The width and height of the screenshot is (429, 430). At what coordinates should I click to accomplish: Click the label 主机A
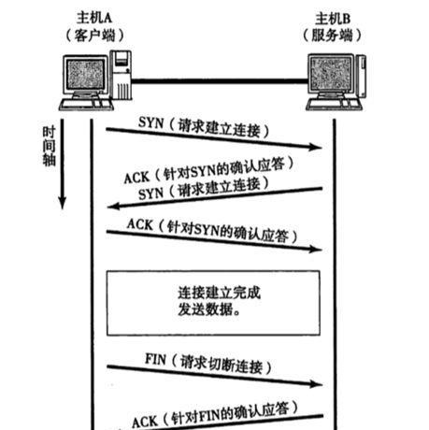[x=94, y=18]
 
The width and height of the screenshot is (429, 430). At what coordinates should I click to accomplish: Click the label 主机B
[x=333, y=19]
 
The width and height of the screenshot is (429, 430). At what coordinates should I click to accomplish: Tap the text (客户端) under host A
[x=94, y=36]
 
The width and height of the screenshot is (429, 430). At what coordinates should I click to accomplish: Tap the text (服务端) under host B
[x=332, y=36]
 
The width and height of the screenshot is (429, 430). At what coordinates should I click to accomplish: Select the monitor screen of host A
[x=85, y=75]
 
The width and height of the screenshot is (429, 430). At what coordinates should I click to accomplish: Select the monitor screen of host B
[x=332, y=74]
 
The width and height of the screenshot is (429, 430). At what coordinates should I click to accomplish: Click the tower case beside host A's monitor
[x=122, y=75]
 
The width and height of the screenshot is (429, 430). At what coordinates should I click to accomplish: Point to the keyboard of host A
[x=87, y=105]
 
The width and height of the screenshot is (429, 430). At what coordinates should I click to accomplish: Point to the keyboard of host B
[x=335, y=105]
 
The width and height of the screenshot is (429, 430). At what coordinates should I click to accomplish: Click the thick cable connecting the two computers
[x=220, y=81]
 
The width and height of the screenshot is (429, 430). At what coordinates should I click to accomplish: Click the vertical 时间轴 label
[x=49, y=146]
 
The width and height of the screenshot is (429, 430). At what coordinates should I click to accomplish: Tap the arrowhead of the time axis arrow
[x=63, y=203]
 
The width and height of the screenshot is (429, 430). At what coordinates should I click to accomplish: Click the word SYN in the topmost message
[x=151, y=122]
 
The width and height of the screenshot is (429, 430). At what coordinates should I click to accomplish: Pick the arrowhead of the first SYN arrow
[x=315, y=147]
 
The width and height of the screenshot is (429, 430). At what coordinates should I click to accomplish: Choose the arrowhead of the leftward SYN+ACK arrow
[x=113, y=206]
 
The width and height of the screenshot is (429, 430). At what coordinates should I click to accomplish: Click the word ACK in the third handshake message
[x=140, y=224]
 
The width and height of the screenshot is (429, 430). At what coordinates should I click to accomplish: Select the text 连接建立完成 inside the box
[x=219, y=293]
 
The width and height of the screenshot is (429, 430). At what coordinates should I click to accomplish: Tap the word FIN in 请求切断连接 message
[x=155, y=359]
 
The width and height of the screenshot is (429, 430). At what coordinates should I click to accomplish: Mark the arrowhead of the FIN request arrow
[x=316, y=384]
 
